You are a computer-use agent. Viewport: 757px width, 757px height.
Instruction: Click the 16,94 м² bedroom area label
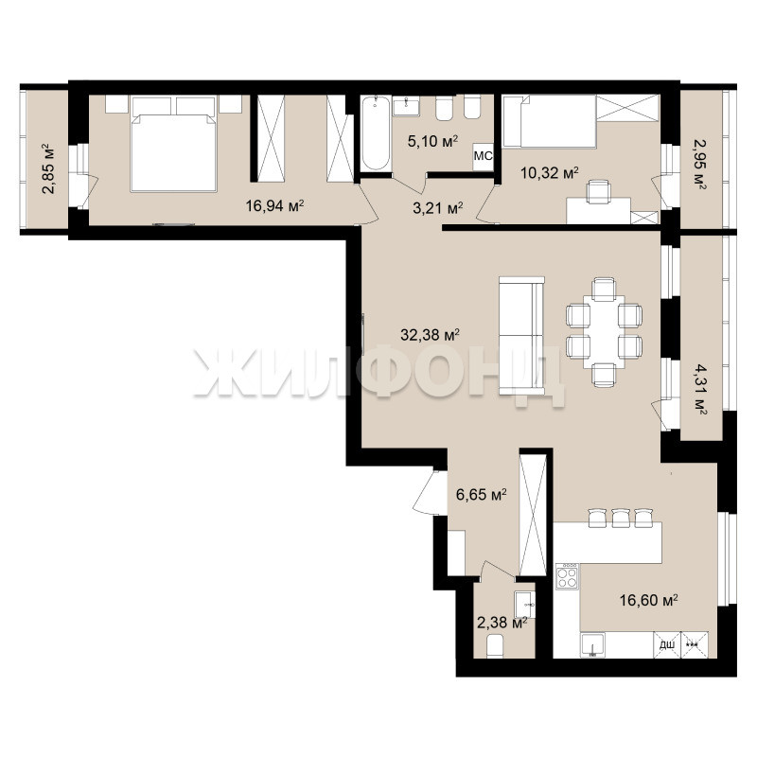(x=274, y=206)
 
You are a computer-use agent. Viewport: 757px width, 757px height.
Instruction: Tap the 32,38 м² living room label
(x=430, y=334)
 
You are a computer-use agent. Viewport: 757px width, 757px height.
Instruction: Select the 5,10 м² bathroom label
(x=433, y=141)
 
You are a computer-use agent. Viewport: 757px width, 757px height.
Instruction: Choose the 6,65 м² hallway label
(x=482, y=494)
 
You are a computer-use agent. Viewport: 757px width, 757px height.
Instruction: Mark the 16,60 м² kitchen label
(x=649, y=600)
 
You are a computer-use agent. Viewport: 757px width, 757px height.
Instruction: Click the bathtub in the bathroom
(x=375, y=133)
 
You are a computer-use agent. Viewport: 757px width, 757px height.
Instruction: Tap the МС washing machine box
(x=484, y=156)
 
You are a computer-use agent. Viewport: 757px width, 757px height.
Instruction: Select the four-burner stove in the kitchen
(x=567, y=576)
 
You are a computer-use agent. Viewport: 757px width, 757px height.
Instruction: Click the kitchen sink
(x=593, y=645)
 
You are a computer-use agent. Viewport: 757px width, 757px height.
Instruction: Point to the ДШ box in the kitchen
(x=667, y=645)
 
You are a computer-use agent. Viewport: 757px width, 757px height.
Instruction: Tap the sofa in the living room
(x=521, y=336)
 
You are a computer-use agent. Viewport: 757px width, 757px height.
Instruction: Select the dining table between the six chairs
(x=604, y=332)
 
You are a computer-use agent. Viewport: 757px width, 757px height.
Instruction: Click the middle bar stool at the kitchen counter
(x=621, y=517)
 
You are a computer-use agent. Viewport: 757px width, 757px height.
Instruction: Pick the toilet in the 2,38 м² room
(x=494, y=646)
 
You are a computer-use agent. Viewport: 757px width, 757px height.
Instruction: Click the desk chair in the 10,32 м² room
(x=599, y=192)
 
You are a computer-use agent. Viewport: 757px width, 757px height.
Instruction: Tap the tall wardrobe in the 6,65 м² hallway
(x=533, y=514)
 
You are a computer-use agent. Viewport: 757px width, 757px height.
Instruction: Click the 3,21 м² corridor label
(x=438, y=208)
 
